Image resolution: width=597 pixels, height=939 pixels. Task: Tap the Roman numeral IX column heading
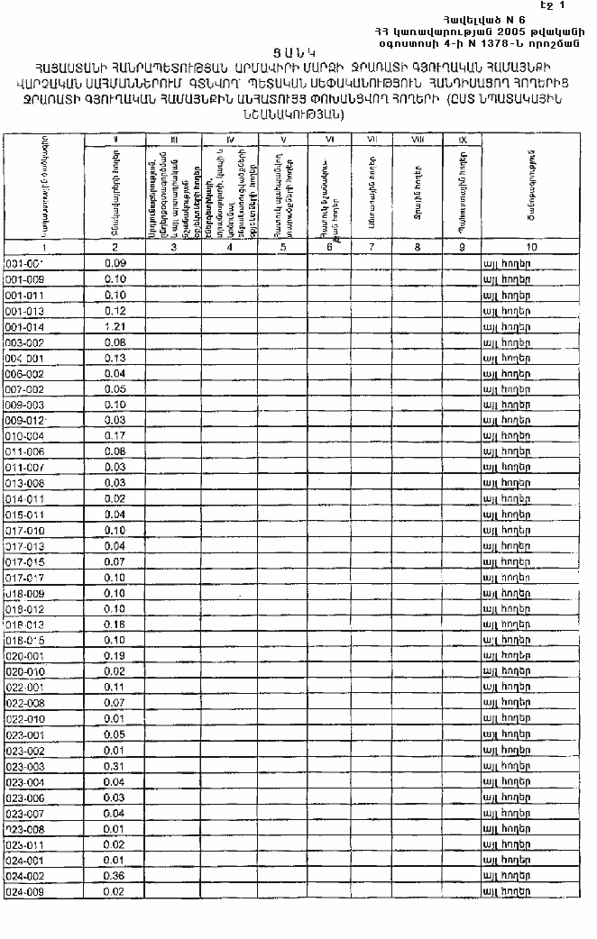(x=463, y=140)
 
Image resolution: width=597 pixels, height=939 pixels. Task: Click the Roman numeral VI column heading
(x=331, y=140)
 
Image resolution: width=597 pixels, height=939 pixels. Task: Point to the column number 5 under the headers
(x=284, y=246)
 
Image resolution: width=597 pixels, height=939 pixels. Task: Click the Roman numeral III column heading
(x=174, y=140)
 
